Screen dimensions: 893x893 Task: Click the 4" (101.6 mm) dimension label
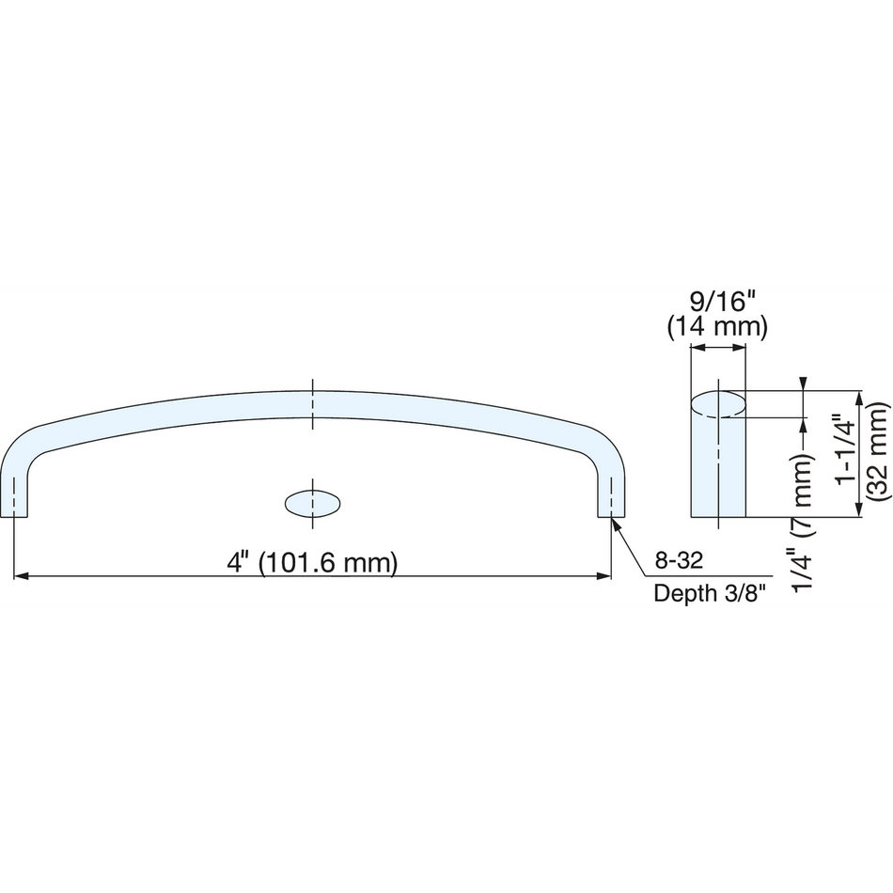pos(312,563)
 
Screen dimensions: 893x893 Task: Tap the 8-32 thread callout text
pos(679,561)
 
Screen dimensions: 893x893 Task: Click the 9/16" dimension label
pos(717,302)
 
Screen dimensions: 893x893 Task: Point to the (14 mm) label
pos(717,327)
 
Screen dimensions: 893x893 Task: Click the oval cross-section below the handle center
pos(312,504)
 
